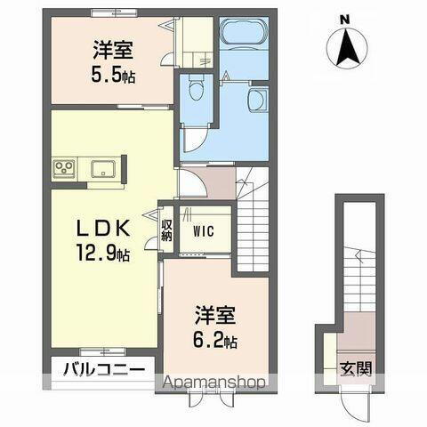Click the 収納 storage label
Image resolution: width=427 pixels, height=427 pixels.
pyautogui.click(x=167, y=229)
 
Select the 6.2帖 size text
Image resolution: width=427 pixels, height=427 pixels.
pyautogui.click(x=217, y=341)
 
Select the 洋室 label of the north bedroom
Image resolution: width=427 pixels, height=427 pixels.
pyautogui.click(x=113, y=50)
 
